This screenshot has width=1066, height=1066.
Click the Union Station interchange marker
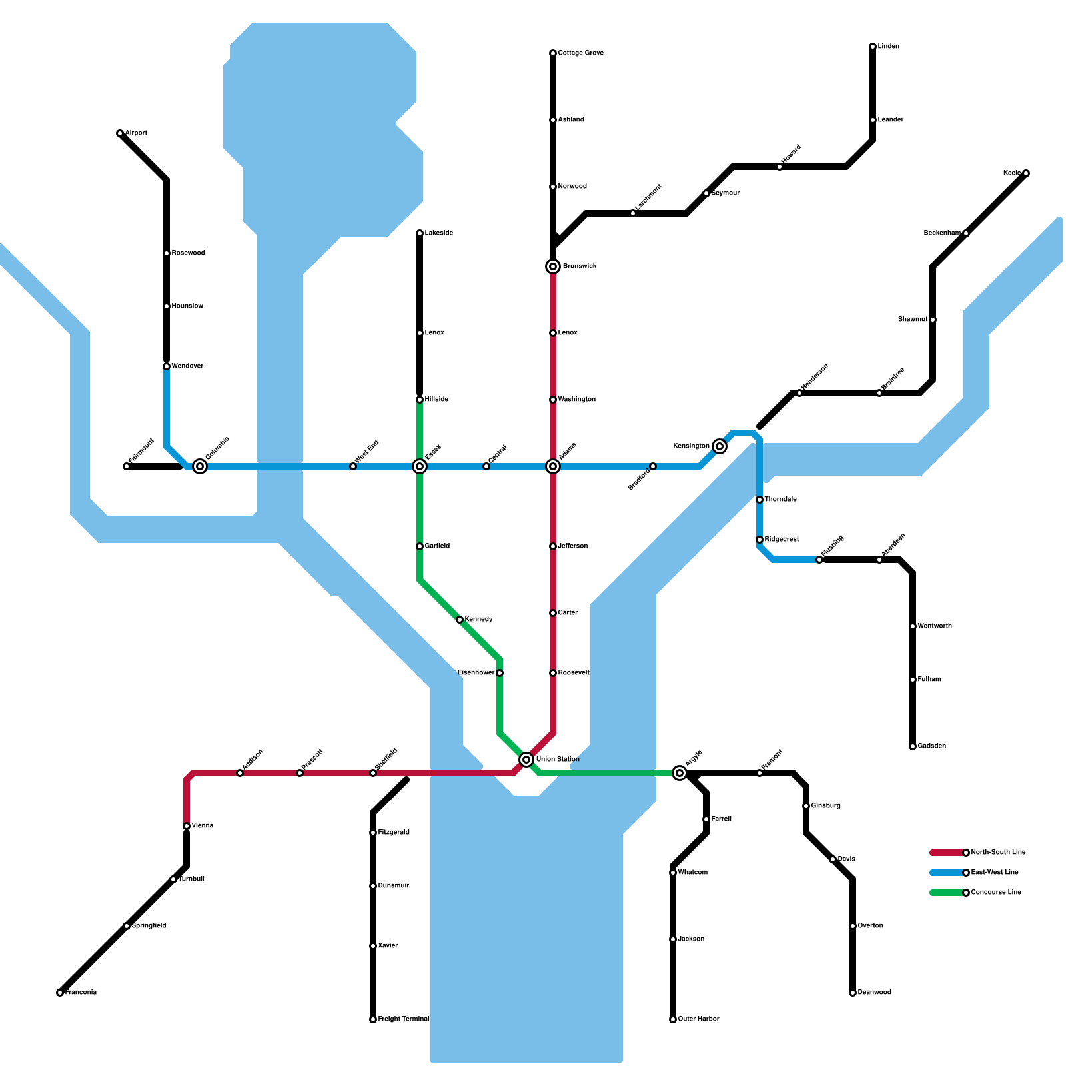526,760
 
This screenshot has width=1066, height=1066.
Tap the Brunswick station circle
553,266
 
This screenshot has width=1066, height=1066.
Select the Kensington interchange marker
720,446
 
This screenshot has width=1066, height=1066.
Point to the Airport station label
136,133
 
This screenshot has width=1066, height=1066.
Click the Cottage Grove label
580,53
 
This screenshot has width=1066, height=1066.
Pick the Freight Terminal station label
403,1019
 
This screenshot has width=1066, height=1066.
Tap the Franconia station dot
60,993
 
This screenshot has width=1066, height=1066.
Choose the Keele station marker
1026,173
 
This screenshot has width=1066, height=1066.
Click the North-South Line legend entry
998,853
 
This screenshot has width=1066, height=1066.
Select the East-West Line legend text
995,873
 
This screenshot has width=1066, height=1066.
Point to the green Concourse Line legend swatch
947,893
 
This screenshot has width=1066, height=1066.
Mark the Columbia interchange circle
200,466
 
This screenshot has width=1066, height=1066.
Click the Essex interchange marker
420,466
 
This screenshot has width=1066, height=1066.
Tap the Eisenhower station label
476,673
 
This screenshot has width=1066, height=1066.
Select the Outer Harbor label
698,1019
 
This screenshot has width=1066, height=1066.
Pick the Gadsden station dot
913,746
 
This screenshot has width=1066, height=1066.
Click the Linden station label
889,47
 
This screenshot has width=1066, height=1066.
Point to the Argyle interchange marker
680,773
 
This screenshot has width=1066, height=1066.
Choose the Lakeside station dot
420,233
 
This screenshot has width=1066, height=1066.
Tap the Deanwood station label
874,993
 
